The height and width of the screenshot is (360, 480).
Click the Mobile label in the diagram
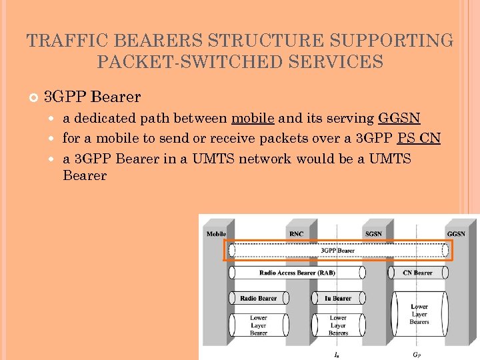coord(217,234)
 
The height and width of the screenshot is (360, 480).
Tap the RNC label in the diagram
coord(296,234)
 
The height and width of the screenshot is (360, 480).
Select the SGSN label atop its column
coord(373,234)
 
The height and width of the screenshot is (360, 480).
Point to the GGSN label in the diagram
coord(456,234)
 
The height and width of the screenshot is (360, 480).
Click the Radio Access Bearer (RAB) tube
coord(297,273)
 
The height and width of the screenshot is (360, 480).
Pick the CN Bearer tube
coord(418,273)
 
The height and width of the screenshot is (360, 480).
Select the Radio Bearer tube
coord(258,298)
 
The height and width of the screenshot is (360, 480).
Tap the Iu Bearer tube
coord(337,298)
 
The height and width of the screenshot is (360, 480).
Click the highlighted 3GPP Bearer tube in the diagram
coord(337,251)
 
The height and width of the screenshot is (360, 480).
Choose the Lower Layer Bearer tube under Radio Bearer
coord(258,325)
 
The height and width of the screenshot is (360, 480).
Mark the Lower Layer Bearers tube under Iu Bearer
coord(337,325)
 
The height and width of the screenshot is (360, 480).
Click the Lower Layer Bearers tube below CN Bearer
coord(419,313)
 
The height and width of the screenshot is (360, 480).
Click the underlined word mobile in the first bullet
coord(253,119)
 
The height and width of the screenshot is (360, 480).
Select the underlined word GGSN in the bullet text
coord(399,119)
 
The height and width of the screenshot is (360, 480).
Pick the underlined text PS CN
coord(419,139)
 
